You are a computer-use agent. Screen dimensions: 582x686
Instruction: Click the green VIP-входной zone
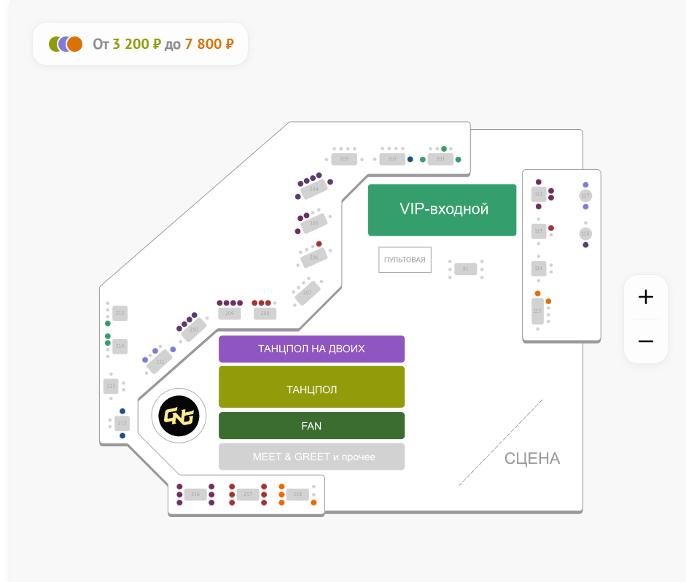pyautogui.click(x=442, y=210)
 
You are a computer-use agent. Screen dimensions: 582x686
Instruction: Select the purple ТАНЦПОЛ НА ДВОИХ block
pyautogui.click(x=311, y=349)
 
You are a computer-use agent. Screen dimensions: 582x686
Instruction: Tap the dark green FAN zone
pyautogui.click(x=311, y=426)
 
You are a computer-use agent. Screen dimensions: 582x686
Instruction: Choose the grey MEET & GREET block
pyautogui.click(x=311, y=457)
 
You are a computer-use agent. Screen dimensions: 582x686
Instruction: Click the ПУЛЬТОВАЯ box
pyautogui.click(x=405, y=260)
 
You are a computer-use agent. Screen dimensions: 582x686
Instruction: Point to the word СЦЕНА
pyautogui.click(x=532, y=459)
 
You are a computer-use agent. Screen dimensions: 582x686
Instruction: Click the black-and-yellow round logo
pyautogui.click(x=179, y=416)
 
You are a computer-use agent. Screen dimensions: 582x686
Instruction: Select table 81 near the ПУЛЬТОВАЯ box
pyautogui.click(x=465, y=269)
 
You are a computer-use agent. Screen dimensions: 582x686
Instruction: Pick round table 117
pyautogui.click(x=585, y=195)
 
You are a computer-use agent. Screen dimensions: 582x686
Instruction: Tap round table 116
pyautogui.click(x=585, y=233)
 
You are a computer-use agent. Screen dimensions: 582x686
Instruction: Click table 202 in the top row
pyautogui.click(x=392, y=159)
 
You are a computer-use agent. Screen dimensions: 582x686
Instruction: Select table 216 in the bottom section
pyautogui.click(x=195, y=494)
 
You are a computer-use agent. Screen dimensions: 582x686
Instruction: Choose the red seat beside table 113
pyautogui.click(x=551, y=228)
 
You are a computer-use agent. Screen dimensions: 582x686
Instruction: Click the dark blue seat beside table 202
pyautogui.click(x=410, y=159)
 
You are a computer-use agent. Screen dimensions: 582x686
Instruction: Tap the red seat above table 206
pyautogui.click(x=319, y=244)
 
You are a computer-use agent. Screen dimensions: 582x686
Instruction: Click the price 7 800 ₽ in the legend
pyautogui.click(x=209, y=44)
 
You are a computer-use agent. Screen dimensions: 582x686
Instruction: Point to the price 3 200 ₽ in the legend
pyautogui.click(x=136, y=44)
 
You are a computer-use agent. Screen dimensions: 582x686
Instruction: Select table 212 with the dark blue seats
pyautogui.click(x=122, y=423)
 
